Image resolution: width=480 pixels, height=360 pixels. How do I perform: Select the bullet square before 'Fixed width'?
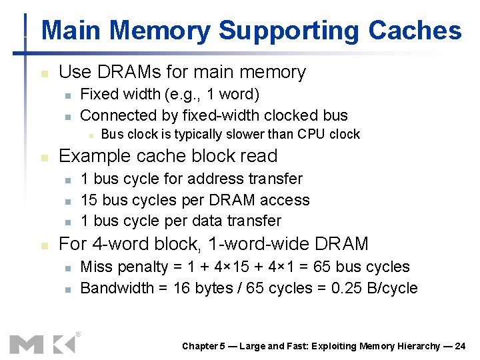pyautogui.click(x=67, y=95)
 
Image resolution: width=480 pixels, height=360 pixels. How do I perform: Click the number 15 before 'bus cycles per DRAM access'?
pyautogui.click(x=89, y=200)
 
